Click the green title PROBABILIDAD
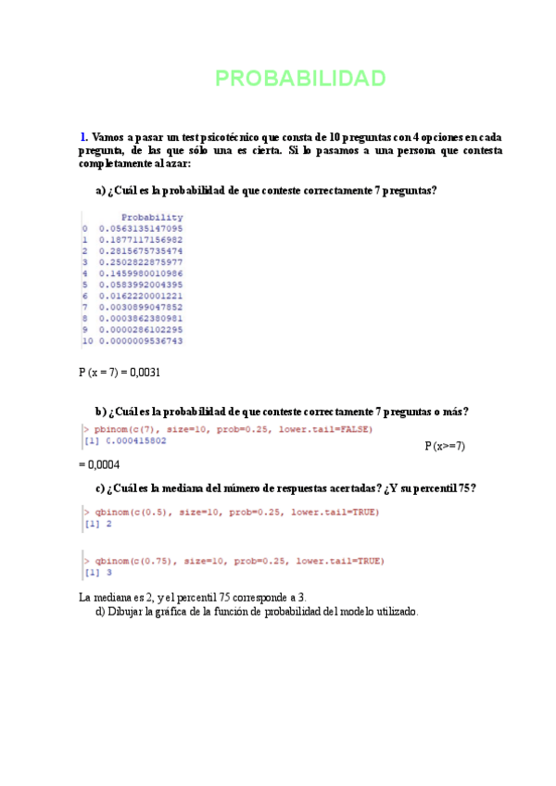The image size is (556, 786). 300,79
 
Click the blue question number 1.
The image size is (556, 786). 84,136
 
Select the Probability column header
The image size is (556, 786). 152,217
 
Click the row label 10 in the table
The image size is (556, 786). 86,340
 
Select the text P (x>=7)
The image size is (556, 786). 445,446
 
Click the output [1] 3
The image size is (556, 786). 96,572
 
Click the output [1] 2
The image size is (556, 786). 96,524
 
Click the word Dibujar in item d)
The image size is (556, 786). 129,612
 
